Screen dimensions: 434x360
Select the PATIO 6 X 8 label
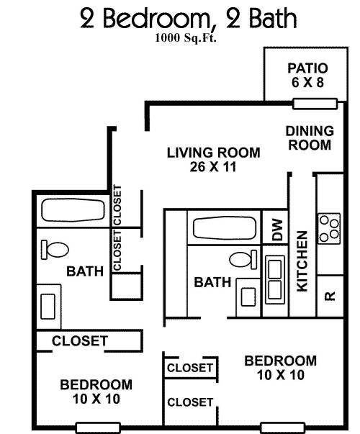pos(307,76)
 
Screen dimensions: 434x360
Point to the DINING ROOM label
pos(309,137)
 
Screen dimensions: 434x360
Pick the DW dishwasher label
pos(277,230)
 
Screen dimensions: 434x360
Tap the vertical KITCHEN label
pos(302,261)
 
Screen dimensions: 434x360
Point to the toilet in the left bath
pos(54,250)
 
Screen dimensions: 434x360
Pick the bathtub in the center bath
pos(224,228)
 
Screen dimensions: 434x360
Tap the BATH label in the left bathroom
pos(85,271)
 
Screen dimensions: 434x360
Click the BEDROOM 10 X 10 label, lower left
pos(96,391)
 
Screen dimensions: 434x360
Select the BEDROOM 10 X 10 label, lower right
pos(280,367)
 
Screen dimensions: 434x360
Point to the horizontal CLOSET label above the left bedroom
pos(79,340)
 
